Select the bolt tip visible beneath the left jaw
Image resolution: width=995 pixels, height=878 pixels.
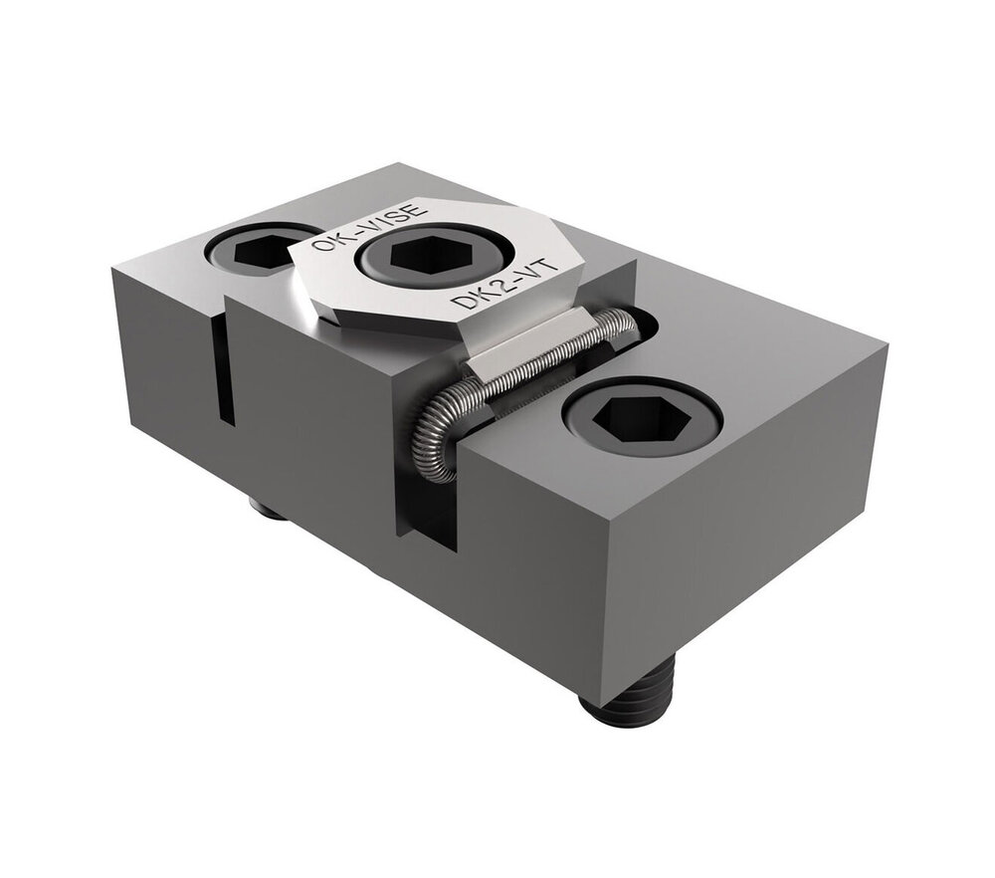point(267,510)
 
